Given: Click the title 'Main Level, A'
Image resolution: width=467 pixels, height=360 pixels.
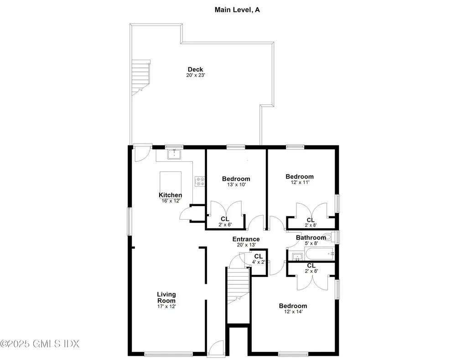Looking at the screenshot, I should (x=237, y=9).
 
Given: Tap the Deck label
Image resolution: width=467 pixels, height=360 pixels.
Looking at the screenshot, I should (x=195, y=69).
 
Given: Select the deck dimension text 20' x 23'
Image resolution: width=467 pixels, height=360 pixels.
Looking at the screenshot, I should (x=195, y=75).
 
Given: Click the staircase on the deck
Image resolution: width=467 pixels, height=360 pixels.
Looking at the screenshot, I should (x=141, y=77).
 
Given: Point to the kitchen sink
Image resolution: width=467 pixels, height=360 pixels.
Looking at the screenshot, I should (x=174, y=154).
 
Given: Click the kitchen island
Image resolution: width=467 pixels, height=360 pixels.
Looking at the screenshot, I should (x=170, y=182).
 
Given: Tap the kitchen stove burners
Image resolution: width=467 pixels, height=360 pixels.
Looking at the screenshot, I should (x=200, y=181).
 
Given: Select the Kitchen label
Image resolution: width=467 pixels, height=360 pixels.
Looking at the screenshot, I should (x=170, y=195).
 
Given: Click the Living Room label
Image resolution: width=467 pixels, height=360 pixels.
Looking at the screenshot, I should (x=166, y=298).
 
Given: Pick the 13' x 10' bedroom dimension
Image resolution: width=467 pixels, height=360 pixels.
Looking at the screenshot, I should (x=236, y=185).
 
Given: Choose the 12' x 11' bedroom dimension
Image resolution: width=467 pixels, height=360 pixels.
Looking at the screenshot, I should (x=299, y=182).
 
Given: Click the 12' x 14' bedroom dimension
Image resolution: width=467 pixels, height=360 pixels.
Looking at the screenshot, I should (x=293, y=312).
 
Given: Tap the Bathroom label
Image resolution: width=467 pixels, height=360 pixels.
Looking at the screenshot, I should (x=311, y=237).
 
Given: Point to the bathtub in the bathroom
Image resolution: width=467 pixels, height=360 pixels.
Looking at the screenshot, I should (x=319, y=254).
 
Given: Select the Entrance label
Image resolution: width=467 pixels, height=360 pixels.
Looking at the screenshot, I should (x=246, y=239).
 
